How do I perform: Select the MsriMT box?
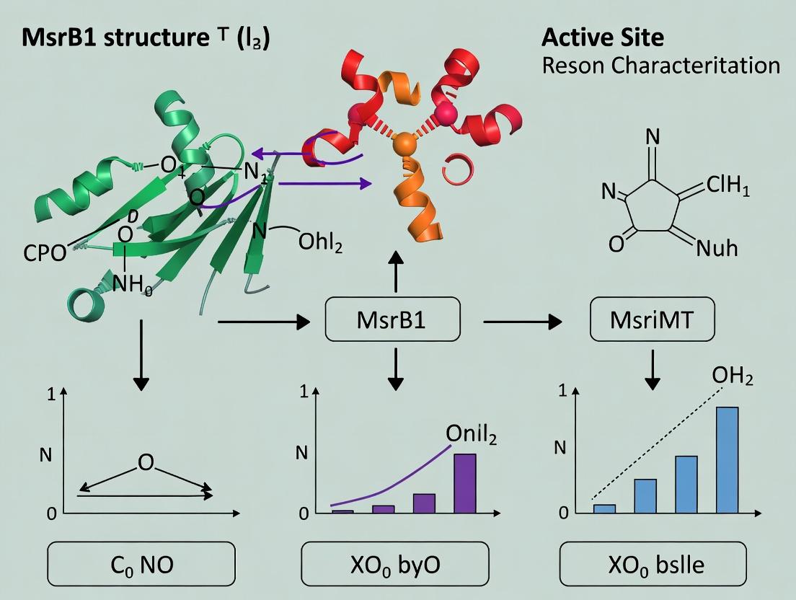click(x=653, y=319)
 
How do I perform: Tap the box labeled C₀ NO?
click(x=141, y=564)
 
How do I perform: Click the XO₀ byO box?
click(x=394, y=564)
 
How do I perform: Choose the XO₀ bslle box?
click(x=653, y=564)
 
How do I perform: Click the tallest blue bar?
click(x=727, y=460)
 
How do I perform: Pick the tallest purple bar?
click(x=464, y=483)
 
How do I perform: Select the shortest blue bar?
click(x=604, y=508)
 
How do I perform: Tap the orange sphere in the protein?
click(x=407, y=143)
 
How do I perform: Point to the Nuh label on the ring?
click(x=717, y=249)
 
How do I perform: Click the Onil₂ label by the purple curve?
click(x=471, y=433)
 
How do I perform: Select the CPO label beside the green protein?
click(x=43, y=252)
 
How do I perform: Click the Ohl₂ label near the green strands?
click(x=320, y=242)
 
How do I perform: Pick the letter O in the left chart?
click(x=146, y=462)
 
